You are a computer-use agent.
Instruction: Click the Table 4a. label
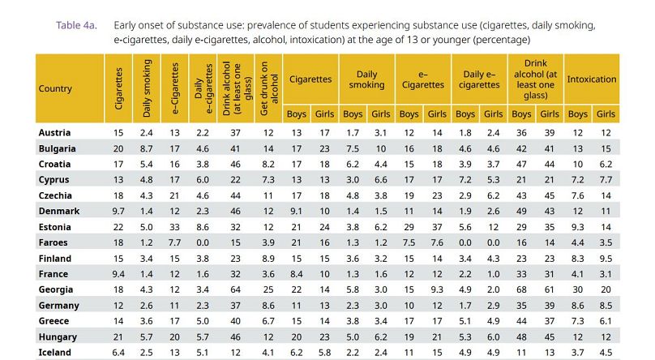point(76,25)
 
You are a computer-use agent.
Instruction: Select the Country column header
point(55,88)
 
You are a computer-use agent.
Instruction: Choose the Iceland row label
point(54,353)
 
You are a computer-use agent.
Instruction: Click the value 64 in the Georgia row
point(236,289)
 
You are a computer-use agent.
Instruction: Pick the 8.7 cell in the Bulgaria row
point(147,148)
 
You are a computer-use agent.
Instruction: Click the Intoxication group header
point(592,79)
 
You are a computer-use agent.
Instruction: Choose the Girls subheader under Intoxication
point(606,114)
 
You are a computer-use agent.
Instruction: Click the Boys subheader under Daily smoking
point(353,114)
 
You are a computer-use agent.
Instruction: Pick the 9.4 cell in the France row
point(118,275)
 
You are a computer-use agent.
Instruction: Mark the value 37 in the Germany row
point(236,305)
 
